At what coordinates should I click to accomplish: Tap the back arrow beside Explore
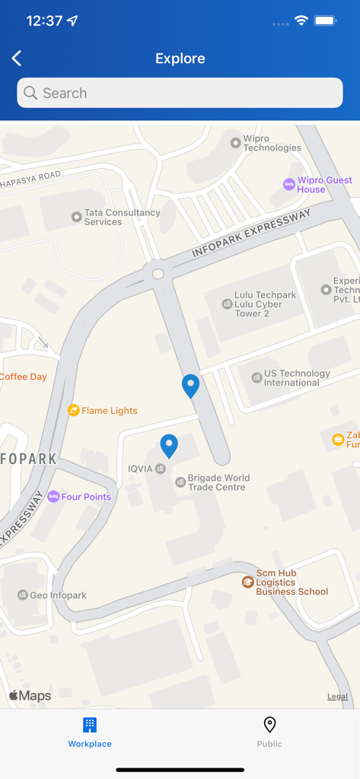[x=17, y=59]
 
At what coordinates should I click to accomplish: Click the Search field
[x=180, y=93]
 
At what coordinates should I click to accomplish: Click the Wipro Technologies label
[x=272, y=144]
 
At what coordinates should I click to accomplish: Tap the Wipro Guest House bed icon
[x=288, y=184]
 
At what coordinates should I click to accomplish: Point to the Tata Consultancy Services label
[x=122, y=218]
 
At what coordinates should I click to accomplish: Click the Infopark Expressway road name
[x=251, y=233]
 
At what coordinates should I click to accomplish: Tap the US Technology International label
[x=296, y=378]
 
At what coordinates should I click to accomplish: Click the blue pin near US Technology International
[x=190, y=386]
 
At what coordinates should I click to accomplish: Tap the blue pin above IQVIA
[x=169, y=445]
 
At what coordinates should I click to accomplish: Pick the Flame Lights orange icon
[x=74, y=411]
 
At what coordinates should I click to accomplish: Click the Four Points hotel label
[x=86, y=497]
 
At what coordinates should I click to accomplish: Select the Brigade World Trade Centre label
[x=218, y=482]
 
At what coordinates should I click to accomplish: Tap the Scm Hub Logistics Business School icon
[x=247, y=582]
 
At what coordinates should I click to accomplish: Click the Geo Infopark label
[x=58, y=596]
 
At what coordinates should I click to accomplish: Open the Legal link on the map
[x=337, y=696]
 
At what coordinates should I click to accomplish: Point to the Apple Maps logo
[x=30, y=695]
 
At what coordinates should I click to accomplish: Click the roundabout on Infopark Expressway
[x=158, y=274]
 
